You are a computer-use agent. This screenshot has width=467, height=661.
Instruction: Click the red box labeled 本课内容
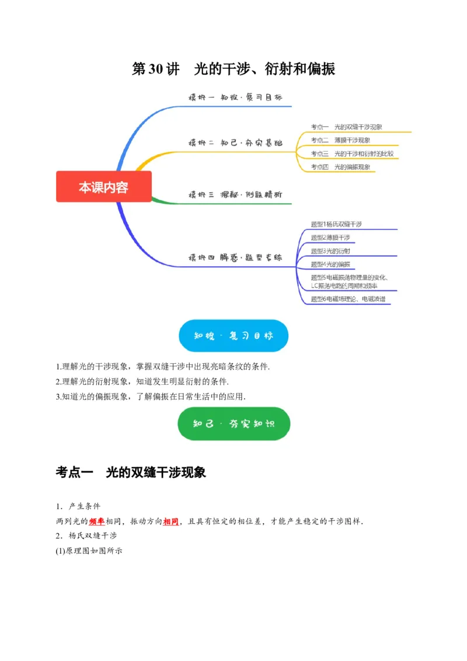pos(103,187)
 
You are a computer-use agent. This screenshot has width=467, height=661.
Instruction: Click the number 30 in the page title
pos(155,69)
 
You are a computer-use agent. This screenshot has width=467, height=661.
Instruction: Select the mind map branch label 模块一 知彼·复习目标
pos(235,98)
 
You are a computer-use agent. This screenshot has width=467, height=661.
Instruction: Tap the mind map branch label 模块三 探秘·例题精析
pos(235,194)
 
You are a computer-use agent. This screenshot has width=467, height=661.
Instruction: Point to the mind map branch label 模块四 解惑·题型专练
pos(235,258)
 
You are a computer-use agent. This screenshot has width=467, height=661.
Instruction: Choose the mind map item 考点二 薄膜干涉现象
pos(340,140)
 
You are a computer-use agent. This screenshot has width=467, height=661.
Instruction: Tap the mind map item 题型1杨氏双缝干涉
pos(336,224)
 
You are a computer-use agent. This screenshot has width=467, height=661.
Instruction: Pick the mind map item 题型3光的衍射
pos(330,251)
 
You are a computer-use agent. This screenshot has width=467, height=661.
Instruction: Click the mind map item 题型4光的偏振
pos(330,264)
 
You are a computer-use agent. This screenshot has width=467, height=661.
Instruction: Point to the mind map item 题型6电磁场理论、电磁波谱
pos(348,299)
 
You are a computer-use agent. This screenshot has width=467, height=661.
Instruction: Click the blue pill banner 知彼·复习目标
pos(233,336)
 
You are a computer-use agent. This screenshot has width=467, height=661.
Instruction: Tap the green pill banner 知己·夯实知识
pos(233,423)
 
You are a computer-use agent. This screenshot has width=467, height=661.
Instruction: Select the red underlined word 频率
pos(97,521)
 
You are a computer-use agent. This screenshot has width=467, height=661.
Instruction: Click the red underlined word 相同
pos(171,521)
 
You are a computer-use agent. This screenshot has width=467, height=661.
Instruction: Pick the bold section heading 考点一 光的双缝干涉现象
pos(131,473)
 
